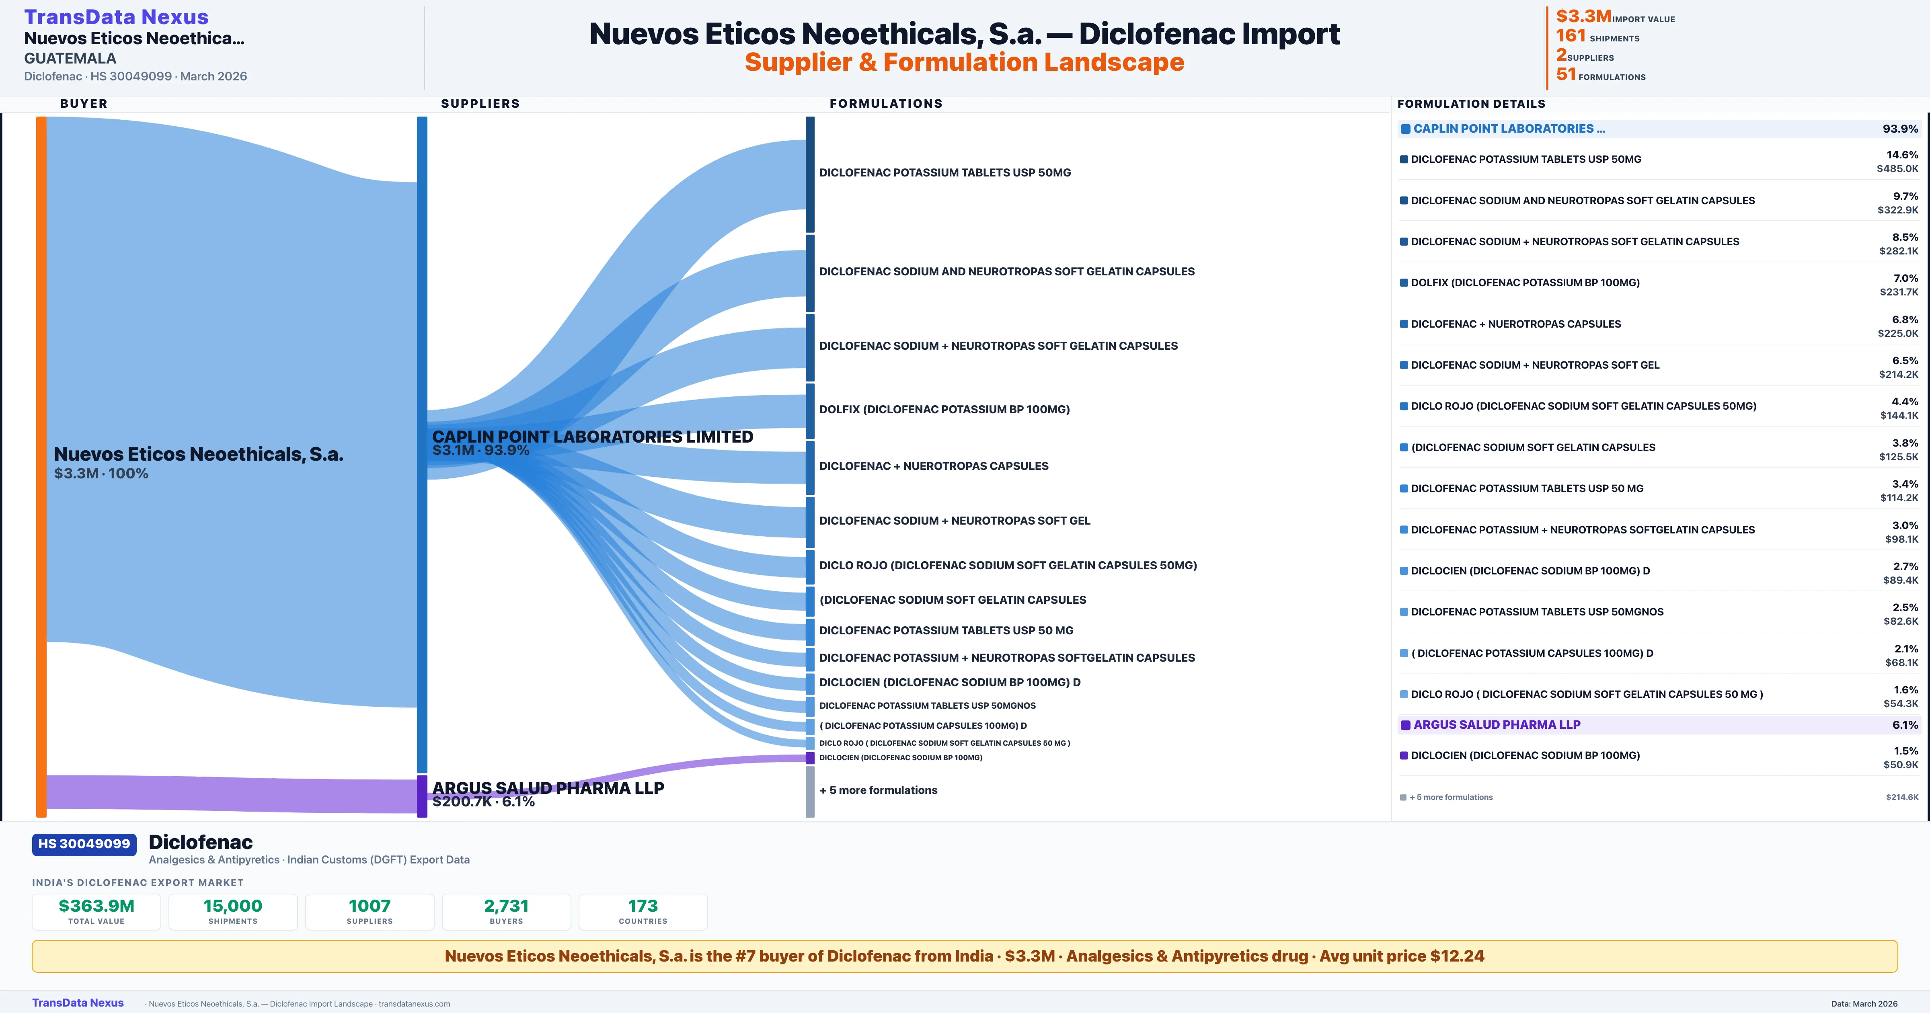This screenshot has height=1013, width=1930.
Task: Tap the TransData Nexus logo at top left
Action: (116, 16)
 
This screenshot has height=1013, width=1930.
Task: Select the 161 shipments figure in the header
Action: (1597, 36)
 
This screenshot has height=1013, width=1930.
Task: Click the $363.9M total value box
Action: (96, 911)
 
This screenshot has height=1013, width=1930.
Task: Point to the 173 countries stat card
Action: (643, 911)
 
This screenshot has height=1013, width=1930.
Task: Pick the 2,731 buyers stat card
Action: (507, 911)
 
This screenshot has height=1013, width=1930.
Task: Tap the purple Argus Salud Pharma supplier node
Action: (422, 796)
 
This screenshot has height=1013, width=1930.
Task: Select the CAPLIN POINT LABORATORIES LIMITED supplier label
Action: (593, 437)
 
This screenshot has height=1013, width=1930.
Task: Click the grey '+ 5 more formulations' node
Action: (810, 791)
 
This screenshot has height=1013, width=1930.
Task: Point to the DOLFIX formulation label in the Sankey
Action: (944, 409)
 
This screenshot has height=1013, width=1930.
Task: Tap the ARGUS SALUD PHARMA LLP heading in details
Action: (1497, 724)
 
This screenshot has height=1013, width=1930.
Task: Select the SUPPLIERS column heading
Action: (480, 103)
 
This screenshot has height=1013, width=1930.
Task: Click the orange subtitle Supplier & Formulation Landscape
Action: (964, 62)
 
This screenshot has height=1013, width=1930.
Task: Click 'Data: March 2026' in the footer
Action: (1864, 1003)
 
